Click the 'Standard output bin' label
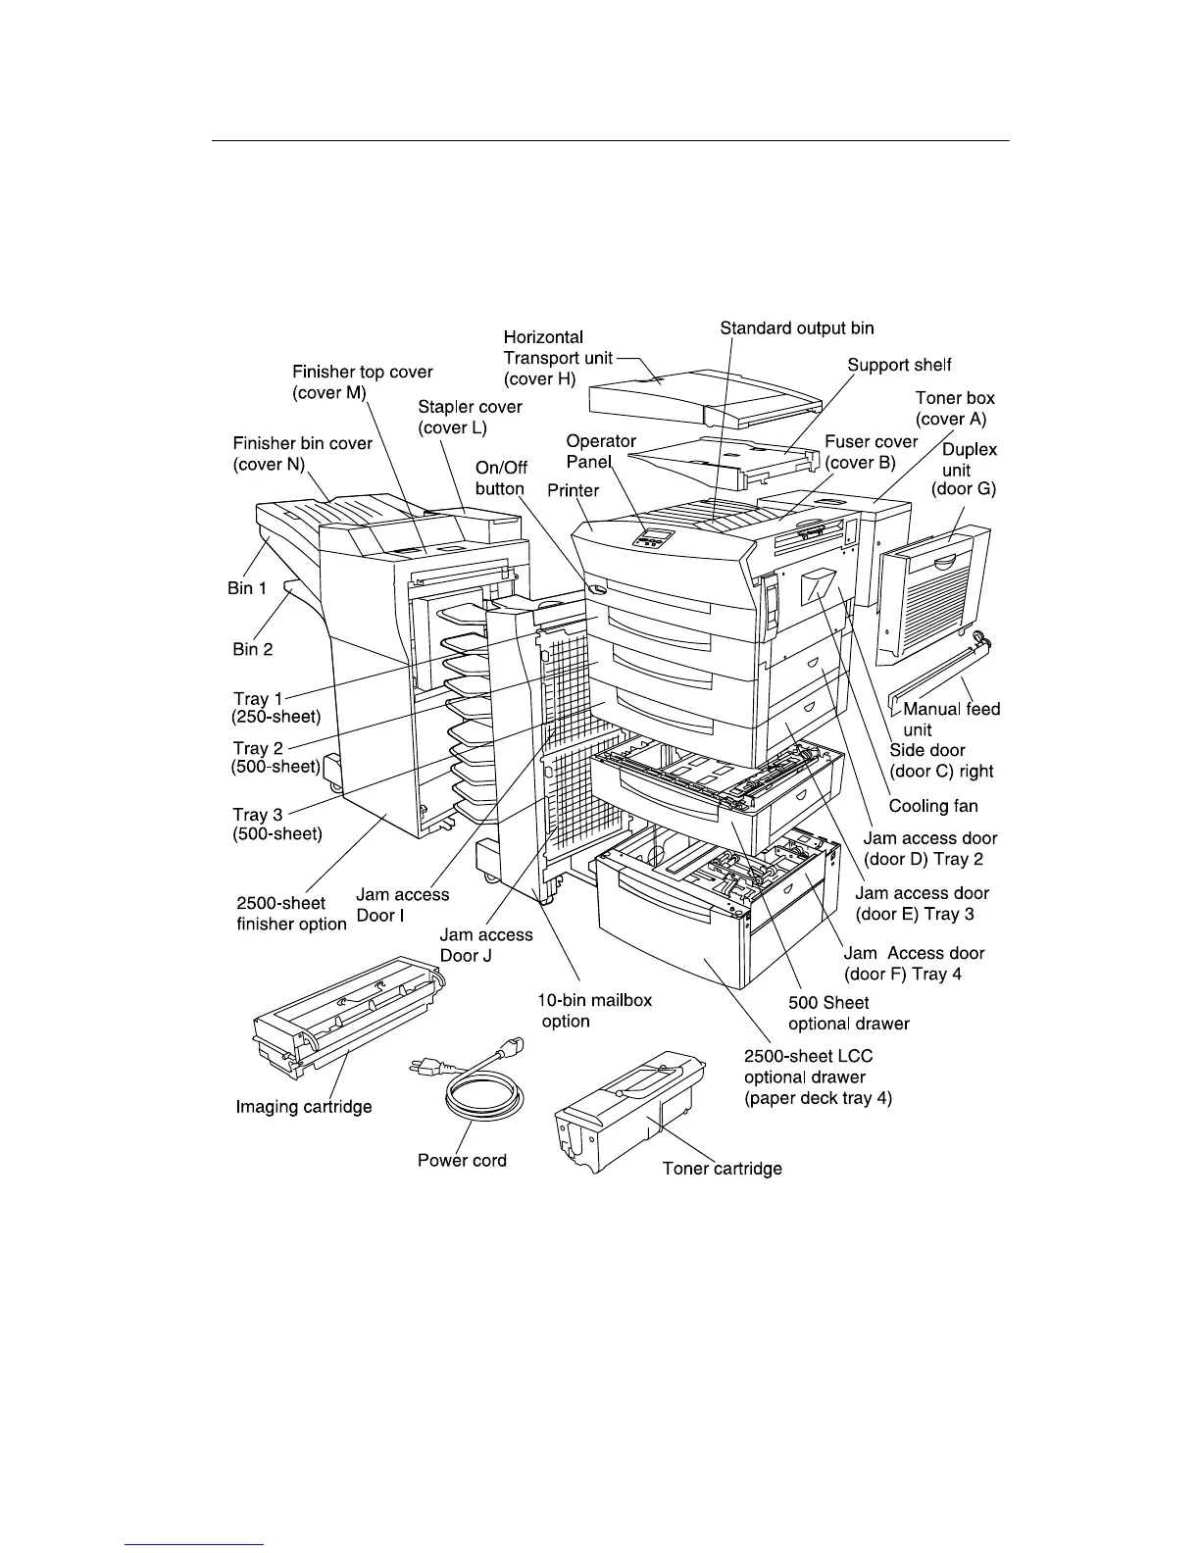(796, 328)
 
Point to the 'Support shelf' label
(899, 366)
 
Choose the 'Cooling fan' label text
(932, 806)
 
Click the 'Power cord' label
(462, 1161)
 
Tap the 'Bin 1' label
(247, 588)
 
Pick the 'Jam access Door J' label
(485, 945)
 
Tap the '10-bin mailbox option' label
(594, 1011)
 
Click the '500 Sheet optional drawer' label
(848, 1014)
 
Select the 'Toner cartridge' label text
(722, 1169)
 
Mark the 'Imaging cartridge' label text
(304, 1107)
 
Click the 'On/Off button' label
(501, 478)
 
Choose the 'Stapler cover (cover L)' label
(470, 417)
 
